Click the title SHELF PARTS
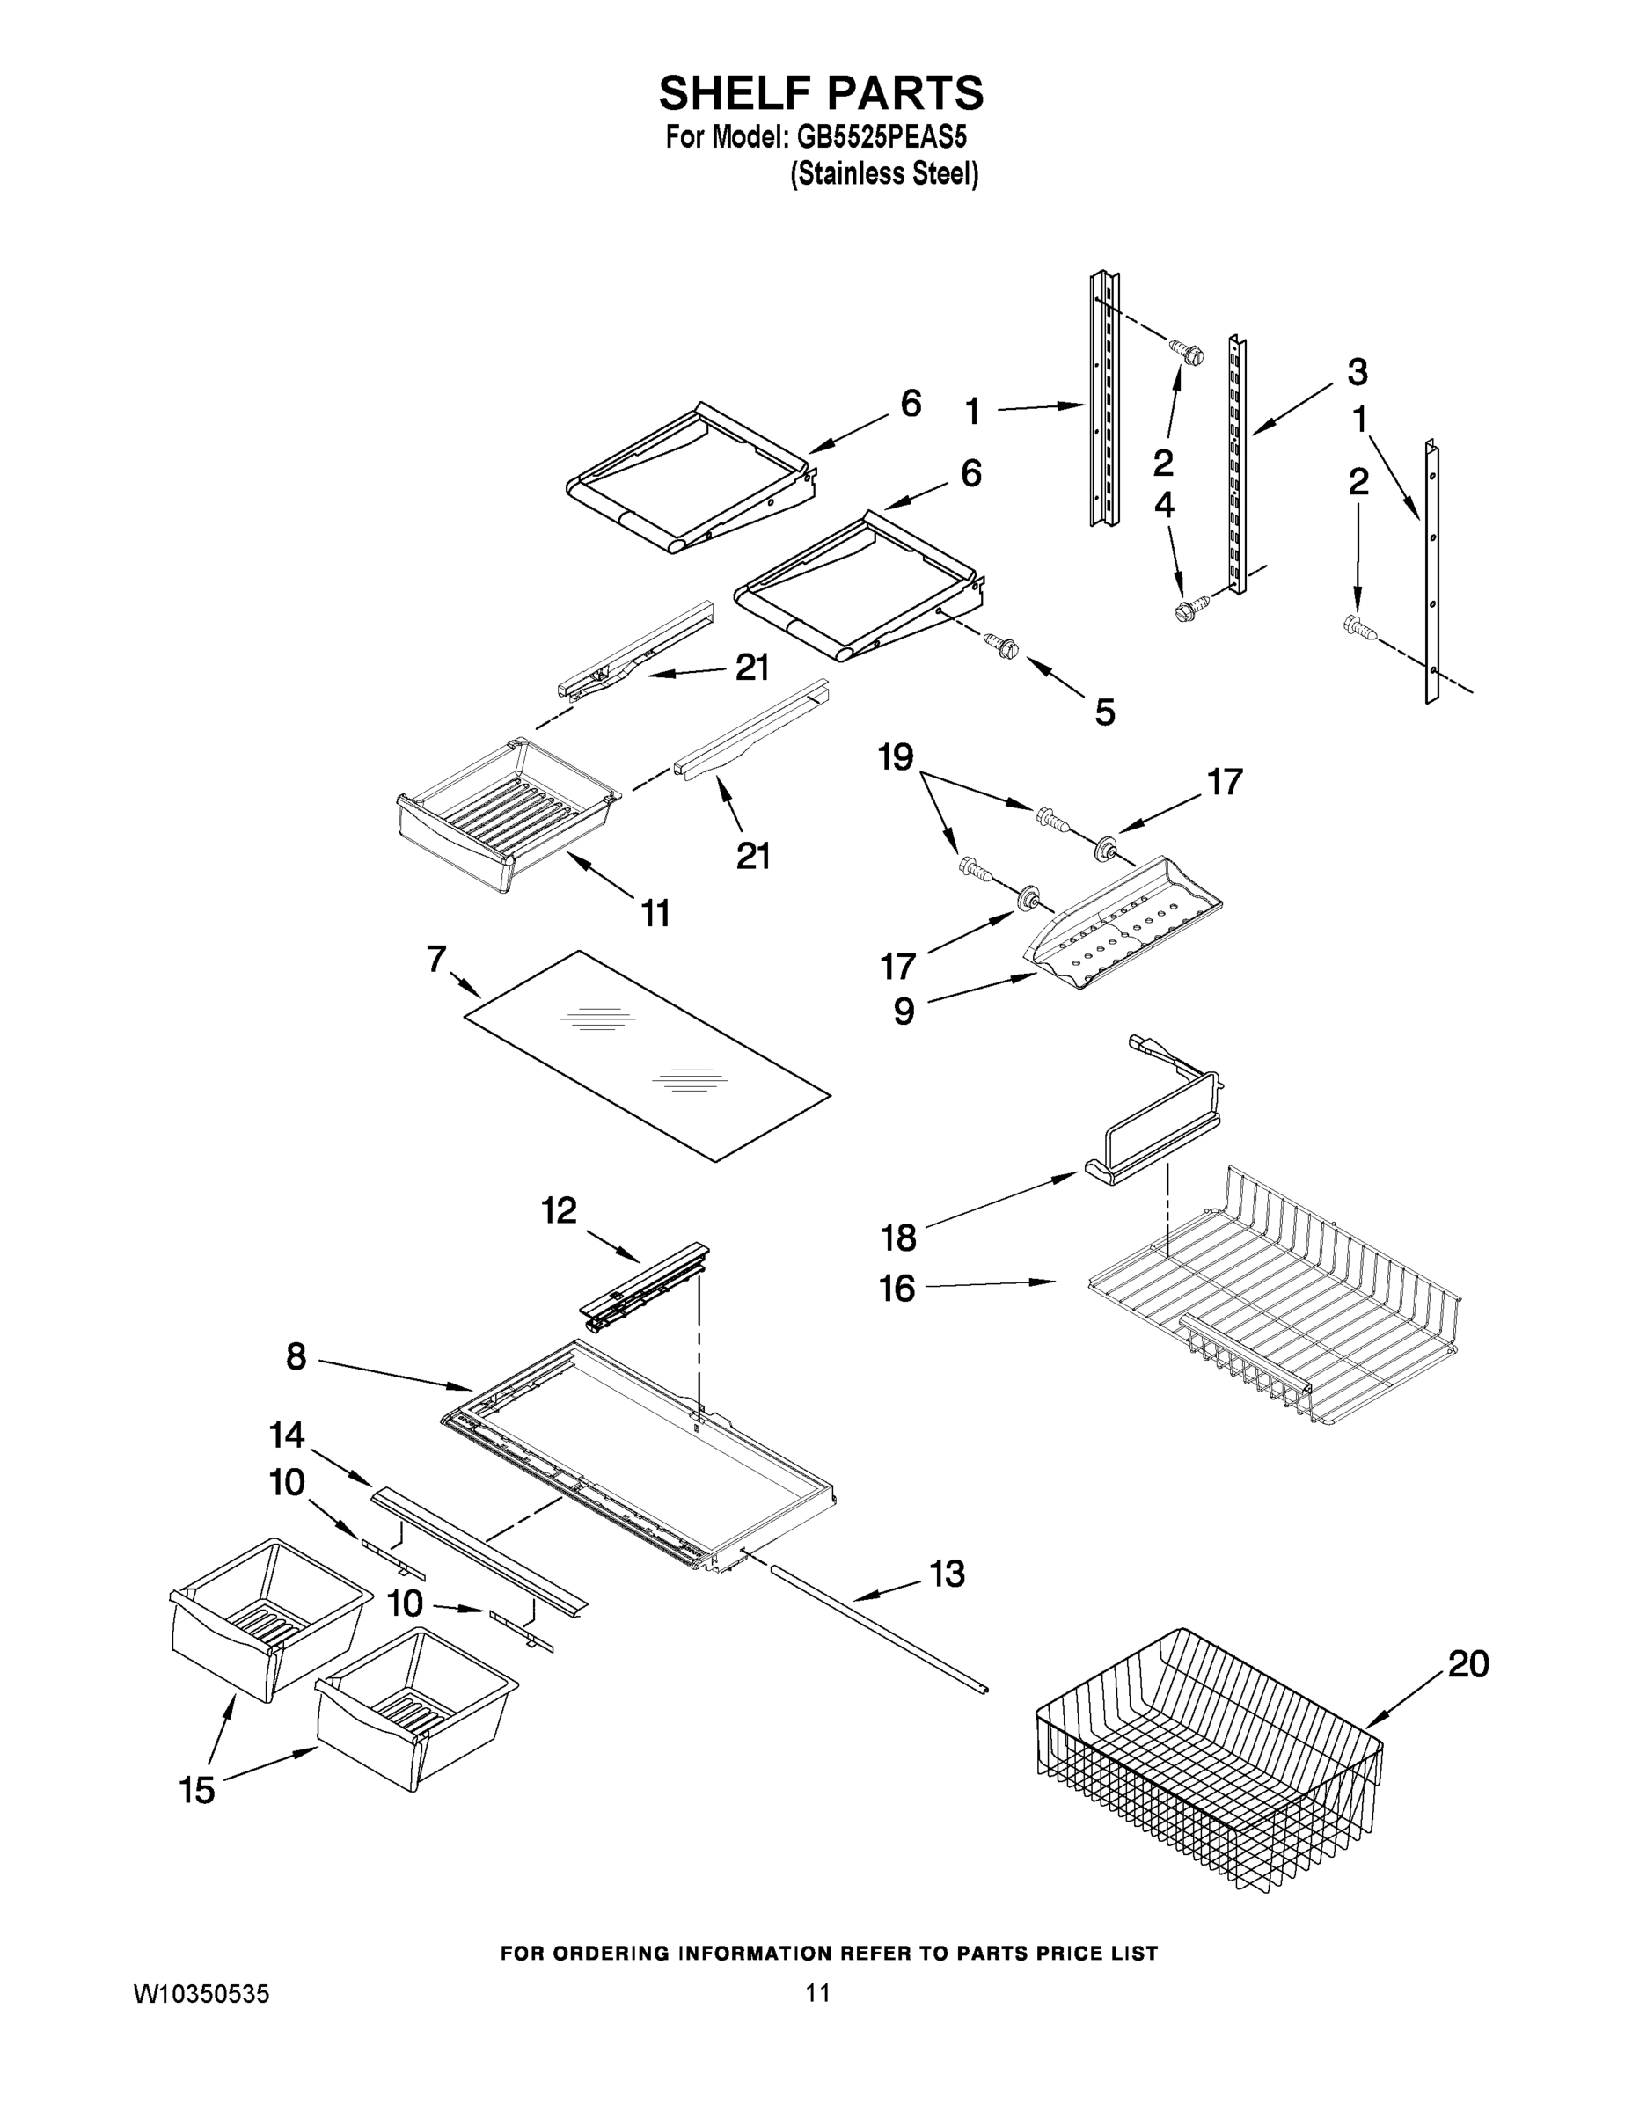[x=821, y=94]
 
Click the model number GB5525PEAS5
[x=882, y=137]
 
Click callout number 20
[x=1467, y=1664]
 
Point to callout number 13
[x=947, y=1574]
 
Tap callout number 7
[x=436, y=959]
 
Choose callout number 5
[x=1105, y=712]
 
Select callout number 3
[x=1358, y=371]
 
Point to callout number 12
[x=559, y=1210]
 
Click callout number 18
[x=898, y=1238]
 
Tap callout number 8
[x=296, y=1357]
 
